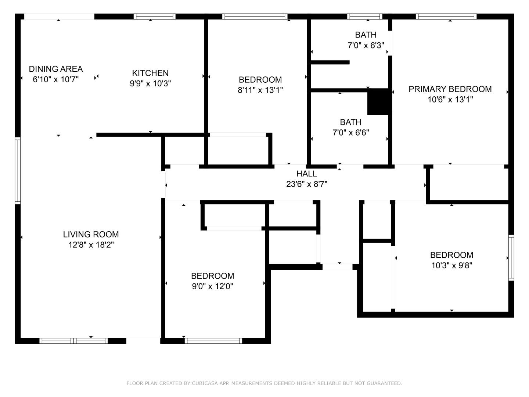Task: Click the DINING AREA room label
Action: click(x=56, y=69)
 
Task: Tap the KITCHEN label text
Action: click(x=150, y=73)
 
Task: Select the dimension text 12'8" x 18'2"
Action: click(x=91, y=245)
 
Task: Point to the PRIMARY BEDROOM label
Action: click(x=450, y=89)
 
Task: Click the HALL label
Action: click(x=306, y=174)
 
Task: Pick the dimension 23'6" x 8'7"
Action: click(x=306, y=184)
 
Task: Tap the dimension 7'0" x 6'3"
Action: click(x=366, y=45)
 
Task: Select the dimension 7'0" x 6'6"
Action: click(x=351, y=133)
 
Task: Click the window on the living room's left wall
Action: click(x=18, y=171)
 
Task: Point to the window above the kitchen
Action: click(x=155, y=17)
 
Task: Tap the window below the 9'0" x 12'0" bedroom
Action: click(x=213, y=341)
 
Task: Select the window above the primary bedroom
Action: click(x=446, y=17)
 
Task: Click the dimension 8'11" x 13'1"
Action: click(x=260, y=90)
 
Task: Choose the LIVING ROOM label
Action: click(x=91, y=234)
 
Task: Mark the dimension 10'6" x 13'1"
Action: click(x=450, y=100)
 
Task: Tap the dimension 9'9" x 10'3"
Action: click(x=150, y=83)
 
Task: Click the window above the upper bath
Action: click(x=365, y=17)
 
